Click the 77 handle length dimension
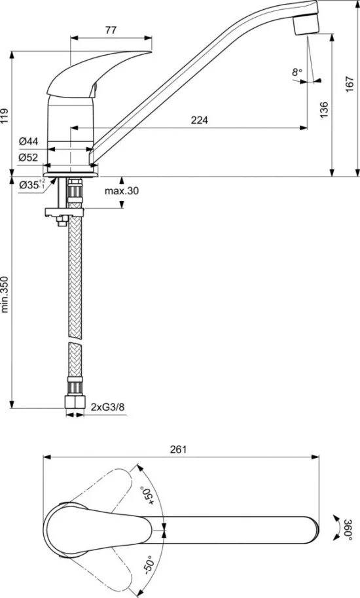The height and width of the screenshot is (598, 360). tap(111, 30)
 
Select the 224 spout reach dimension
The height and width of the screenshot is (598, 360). tap(200, 120)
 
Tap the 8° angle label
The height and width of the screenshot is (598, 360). tap(297, 72)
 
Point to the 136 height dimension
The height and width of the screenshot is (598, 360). tap(324, 109)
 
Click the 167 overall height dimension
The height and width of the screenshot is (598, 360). tap(350, 84)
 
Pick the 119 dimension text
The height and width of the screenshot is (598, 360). tap(5, 116)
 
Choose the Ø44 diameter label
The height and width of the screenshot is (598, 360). tap(29, 141)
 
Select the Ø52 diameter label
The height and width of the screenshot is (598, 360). tap(29, 157)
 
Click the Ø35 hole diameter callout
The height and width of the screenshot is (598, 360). tap(32, 185)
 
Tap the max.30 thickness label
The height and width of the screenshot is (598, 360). tap(122, 190)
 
